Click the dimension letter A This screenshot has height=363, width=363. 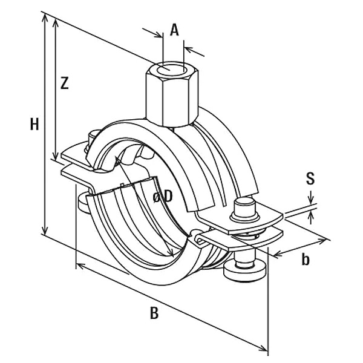[174, 30]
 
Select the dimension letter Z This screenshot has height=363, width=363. [64, 83]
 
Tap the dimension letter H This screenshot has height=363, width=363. [34, 124]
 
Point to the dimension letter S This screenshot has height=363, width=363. [310, 178]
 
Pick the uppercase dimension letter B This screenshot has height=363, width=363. [154, 313]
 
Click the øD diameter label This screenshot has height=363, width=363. [163, 197]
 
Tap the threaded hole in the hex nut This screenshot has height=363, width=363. [172, 69]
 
